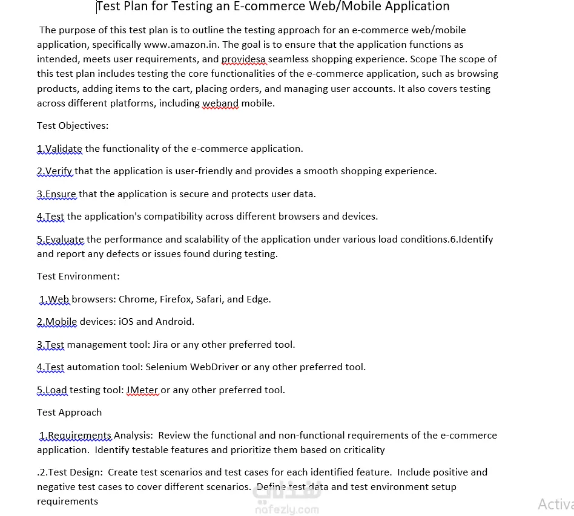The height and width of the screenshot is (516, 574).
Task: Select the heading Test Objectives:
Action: coord(73,126)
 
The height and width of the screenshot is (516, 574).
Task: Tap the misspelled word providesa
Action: coord(243,59)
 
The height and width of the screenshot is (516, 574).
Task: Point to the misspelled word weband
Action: coord(220,103)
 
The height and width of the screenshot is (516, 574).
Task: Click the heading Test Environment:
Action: coord(78,276)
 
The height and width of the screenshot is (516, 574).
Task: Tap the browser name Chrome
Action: coord(136,299)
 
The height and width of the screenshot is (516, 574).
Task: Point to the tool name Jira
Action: coord(160,345)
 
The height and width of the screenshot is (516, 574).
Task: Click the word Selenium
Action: coord(167,367)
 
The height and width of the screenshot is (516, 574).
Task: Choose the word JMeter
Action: coord(142,390)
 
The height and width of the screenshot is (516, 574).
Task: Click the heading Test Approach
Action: coord(69,413)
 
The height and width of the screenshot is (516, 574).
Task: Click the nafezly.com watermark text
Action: coord(287,509)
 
